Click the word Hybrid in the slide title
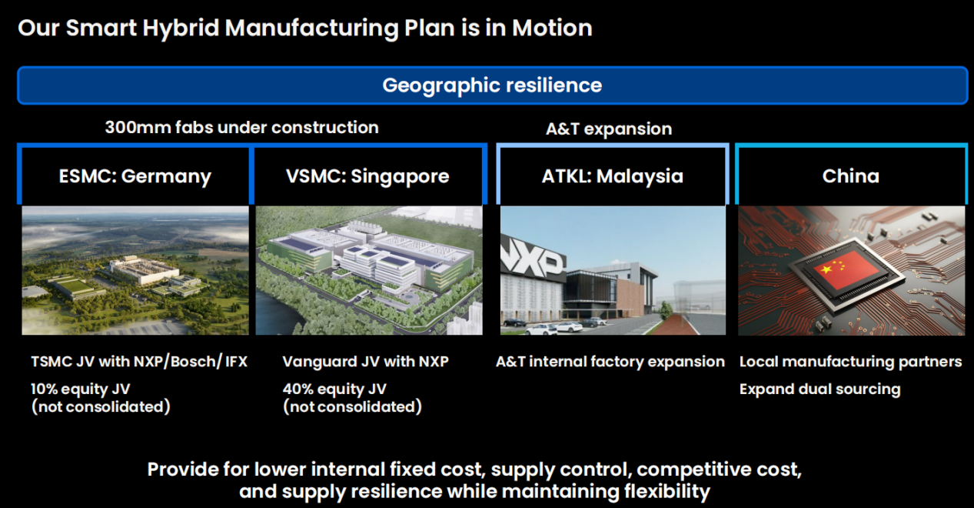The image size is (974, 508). coord(181,28)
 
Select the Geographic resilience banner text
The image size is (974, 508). coord(492,85)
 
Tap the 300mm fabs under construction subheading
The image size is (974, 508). coord(241,128)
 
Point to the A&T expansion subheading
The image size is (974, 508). coord(609,129)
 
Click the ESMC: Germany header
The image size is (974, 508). coord(135,176)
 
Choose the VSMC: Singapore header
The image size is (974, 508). coord(367,176)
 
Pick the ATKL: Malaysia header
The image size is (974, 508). coord(613,176)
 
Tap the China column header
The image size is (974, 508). coord(851,175)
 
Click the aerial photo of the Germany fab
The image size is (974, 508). coord(135,270)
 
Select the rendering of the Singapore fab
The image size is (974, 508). coord(369,270)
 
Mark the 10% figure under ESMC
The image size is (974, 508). coord(44,389)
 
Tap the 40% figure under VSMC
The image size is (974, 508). coord(298,389)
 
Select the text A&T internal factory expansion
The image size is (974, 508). coord(610,362)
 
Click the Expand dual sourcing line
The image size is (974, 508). coord(820,389)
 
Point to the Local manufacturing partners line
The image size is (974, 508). coord(850,362)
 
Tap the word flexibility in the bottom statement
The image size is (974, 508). coord(667,492)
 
